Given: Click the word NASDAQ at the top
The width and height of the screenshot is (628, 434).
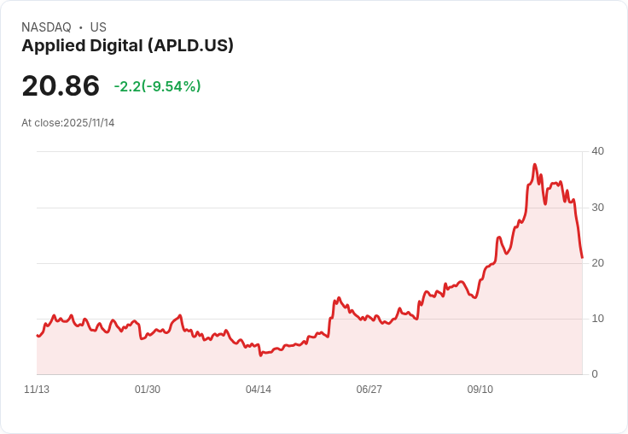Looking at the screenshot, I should [x=46, y=27].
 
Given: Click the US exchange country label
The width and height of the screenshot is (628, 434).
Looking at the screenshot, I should [x=98, y=27].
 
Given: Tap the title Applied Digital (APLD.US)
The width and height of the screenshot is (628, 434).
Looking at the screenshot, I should [x=127, y=46].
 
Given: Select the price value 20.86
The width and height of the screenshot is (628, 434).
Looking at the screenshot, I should [x=61, y=86].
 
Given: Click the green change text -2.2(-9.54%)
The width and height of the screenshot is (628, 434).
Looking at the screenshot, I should [x=157, y=86].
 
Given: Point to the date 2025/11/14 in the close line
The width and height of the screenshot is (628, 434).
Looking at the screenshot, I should [x=89, y=123].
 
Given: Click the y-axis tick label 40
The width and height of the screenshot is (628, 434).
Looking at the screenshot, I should [x=597, y=151].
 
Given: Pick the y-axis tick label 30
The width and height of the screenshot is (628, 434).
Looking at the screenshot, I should [x=597, y=208].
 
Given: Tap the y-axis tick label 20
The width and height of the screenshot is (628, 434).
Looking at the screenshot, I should [x=597, y=263].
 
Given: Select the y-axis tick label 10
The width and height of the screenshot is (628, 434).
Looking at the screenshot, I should [x=597, y=319].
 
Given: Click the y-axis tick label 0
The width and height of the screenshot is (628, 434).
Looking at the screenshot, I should [x=595, y=374].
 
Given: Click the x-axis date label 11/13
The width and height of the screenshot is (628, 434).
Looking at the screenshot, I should [x=37, y=390].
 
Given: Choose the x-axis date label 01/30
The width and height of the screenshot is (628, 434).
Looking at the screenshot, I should [x=148, y=390].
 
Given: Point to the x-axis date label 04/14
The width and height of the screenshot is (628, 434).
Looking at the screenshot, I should [x=259, y=390].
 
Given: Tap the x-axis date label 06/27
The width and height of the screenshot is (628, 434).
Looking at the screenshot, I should [x=369, y=390].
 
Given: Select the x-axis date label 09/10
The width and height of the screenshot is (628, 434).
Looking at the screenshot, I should [x=480, y=390].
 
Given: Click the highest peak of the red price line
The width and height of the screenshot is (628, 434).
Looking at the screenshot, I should [x=535, y=164].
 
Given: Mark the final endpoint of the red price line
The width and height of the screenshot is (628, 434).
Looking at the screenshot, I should [x=582, y=257].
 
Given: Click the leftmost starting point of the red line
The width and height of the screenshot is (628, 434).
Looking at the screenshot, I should [x=37, y=335].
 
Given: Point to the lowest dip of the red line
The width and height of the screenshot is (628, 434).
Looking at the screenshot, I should [x=260, y=355].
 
